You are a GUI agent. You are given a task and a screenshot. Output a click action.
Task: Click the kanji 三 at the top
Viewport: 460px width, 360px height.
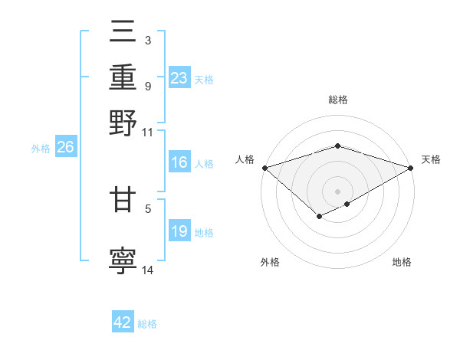(x=123, y=31)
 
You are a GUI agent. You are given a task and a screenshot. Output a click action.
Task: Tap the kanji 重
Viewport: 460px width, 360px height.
(x=123, y=77)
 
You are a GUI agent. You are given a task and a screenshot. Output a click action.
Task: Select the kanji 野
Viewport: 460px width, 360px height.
(x=123, y=123)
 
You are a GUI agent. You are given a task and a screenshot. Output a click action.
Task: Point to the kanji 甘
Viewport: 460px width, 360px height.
(x=123, y=201)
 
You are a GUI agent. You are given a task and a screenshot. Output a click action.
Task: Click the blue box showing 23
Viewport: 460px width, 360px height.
(x=179, y=78)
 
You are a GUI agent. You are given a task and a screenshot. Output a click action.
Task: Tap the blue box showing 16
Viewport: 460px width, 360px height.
(x=179, y=162)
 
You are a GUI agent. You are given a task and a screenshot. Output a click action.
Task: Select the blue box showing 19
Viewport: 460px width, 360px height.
(x=179, y=231)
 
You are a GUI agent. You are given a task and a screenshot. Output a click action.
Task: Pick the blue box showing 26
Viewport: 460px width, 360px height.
(x=65, y=148)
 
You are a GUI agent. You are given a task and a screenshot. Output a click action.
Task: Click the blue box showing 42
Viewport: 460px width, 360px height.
(x=123, y=323)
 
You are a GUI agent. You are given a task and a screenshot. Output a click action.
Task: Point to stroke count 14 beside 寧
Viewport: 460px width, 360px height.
(x=148, y=270)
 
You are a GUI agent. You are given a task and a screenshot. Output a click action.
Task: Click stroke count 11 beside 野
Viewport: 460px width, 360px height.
(x=147, y=132)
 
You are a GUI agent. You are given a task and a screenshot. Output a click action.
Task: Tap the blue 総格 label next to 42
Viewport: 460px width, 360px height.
(x=147, y=324)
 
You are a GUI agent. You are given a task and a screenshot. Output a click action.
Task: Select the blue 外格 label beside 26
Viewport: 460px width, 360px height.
(x=41, y=149)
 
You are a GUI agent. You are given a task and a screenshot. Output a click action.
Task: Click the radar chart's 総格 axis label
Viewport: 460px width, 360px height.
(x=337, y=100)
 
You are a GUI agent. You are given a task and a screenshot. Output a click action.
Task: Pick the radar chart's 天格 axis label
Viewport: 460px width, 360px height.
(x=432, y=159)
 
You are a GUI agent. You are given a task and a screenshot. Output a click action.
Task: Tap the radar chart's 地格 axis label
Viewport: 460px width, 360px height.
(x=402, y=263)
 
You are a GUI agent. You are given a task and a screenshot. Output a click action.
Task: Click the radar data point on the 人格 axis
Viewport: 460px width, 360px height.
(x=264, y=168)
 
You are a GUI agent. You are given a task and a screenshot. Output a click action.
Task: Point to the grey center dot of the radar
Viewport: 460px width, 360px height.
(x=337, y=191)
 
